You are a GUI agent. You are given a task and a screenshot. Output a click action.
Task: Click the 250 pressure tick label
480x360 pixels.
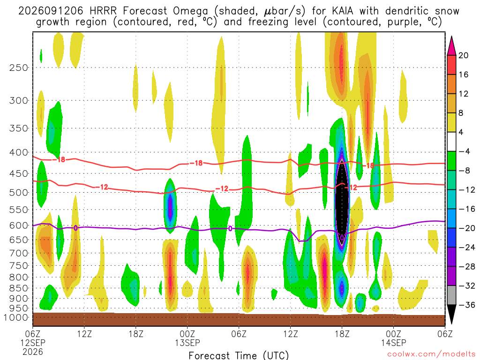tap(18, 67)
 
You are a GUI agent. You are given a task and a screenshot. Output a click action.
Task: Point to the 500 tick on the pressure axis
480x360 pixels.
tap(18, 193)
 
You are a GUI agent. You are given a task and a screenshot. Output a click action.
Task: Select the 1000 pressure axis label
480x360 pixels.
tap(16, 318)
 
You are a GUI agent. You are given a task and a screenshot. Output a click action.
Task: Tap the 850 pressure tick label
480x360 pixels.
tap(18, 288)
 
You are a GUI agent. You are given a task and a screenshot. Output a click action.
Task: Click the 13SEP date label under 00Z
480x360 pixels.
tap(187, 343)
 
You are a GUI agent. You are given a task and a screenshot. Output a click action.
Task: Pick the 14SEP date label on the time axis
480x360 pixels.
tap(393, 343)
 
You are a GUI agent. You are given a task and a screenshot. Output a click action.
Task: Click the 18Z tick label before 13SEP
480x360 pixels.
tap(136, 333)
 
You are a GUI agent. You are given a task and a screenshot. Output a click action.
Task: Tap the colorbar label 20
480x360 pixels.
tap(463, 55)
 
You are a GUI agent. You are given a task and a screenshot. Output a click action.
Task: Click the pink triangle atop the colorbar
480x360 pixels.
tap(451, 46)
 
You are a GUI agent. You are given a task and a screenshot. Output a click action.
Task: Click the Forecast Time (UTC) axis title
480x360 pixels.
tap(239, 355)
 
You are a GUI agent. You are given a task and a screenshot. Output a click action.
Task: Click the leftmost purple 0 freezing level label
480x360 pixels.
tap(75, 228)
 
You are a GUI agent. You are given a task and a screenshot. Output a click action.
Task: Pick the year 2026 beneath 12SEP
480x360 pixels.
tap(33, 352)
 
